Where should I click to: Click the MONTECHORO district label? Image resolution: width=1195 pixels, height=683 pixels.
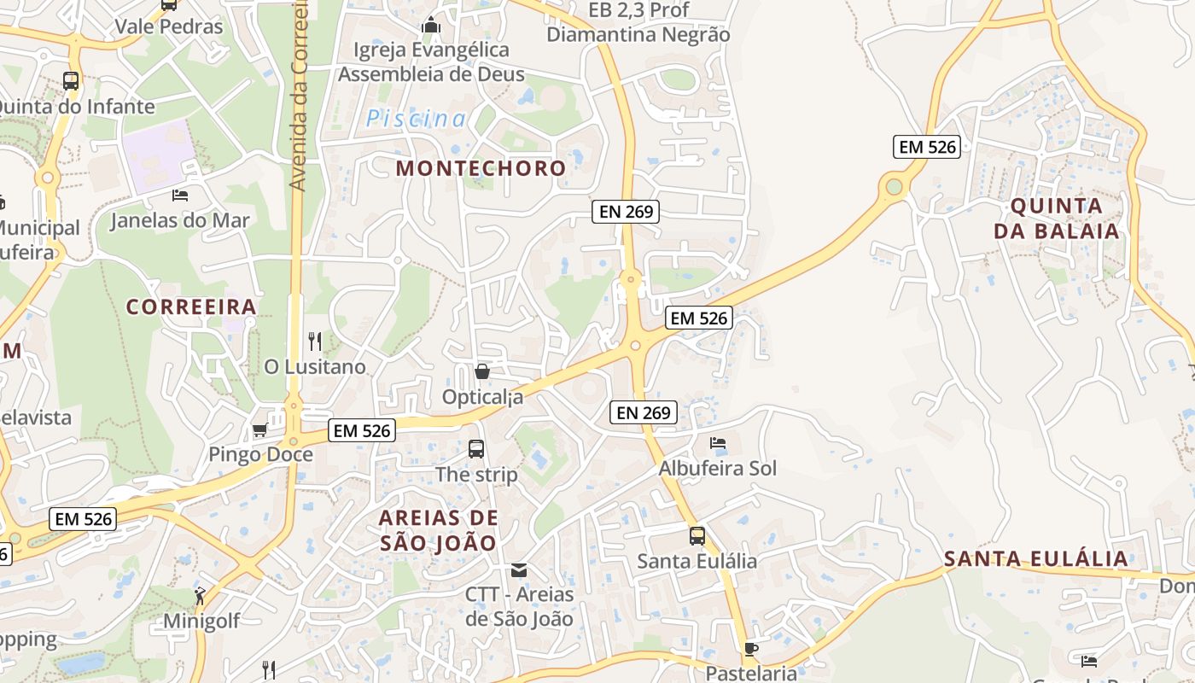pyautogui.click(x=481, y=168)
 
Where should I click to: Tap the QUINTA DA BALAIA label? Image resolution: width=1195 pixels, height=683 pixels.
pyautogui.click(x=1057, y=219)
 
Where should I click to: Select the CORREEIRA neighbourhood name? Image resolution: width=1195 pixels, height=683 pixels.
pyautogui.click(x=191, y=307)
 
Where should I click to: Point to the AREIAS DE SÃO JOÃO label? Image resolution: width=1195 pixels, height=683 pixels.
pyautogui.click(x=438, y=530)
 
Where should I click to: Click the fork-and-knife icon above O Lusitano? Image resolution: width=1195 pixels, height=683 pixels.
pyautogui.click(x=315, y=341)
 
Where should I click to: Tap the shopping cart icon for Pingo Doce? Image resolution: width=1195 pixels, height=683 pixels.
pyautogui.click(x=259, y=429)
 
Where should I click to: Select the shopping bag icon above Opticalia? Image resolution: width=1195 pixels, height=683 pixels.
pyautogui.click(x=481, y=371)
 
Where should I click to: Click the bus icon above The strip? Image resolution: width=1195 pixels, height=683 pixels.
pyautogui.click(x=476, y=448)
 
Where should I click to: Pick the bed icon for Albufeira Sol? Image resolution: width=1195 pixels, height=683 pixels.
pyautogui.click(x=718, y=443)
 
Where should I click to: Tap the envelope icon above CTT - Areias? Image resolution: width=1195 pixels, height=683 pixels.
pyautogui.click(x=519, y=569)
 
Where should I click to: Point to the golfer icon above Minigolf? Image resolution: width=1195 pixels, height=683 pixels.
pyautogui.click(x=201, y=596)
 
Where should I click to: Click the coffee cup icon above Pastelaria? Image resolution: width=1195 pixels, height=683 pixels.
pyautogui.click(x=750, y=649)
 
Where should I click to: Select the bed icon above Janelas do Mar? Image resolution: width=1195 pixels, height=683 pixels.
pyautogui.click(x=180, y=196)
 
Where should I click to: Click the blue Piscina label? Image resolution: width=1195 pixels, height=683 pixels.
pyautogui.click(x=417, y=120)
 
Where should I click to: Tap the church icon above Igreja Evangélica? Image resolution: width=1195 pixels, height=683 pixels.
pyautogui.click(x=431, y=25)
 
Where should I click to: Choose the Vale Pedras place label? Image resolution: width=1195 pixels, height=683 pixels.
pyautogui.click(x=169, y=26)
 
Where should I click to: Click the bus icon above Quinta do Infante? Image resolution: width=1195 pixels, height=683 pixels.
pyautogui.click(x=71, y=81)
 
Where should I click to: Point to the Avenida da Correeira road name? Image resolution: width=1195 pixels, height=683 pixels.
pyautogui.click(x=298, y=94)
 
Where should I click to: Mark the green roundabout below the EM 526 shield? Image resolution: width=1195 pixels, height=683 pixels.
pyautogui.click(x=894, y=186)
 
